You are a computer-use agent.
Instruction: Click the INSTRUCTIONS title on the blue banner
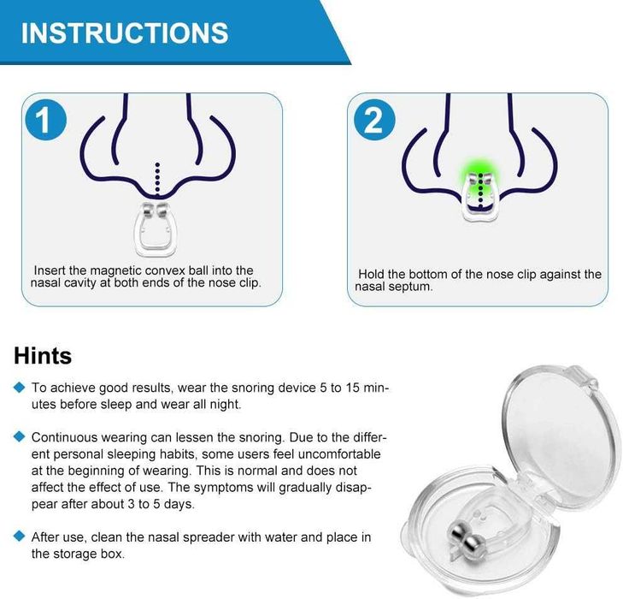pyautogui.click(x=125, y=33)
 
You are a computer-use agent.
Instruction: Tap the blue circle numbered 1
pyautogui.click(x=45, y=119)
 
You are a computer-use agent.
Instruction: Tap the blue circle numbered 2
pyautogui.click(x=373, y=119)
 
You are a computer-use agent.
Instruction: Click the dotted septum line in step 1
pyautogui.click(x=158, y=179)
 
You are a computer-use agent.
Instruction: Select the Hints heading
pyautogui.click(x=43, y=356)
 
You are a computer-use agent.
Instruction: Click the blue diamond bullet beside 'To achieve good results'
pyautogui.click(x=19, y=387)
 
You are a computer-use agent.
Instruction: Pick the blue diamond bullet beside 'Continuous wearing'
pyautogui.click(x=19, y=436)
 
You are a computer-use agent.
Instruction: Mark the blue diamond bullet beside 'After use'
pyautogui.click(x=19, y=537)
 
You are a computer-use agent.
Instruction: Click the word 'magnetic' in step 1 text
pyautogui.click(x=115, y=271)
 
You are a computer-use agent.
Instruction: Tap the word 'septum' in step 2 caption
pyautogui.click(x=413, y=287)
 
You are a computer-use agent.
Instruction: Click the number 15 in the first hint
pyautogui.click(x=352, y=388)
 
